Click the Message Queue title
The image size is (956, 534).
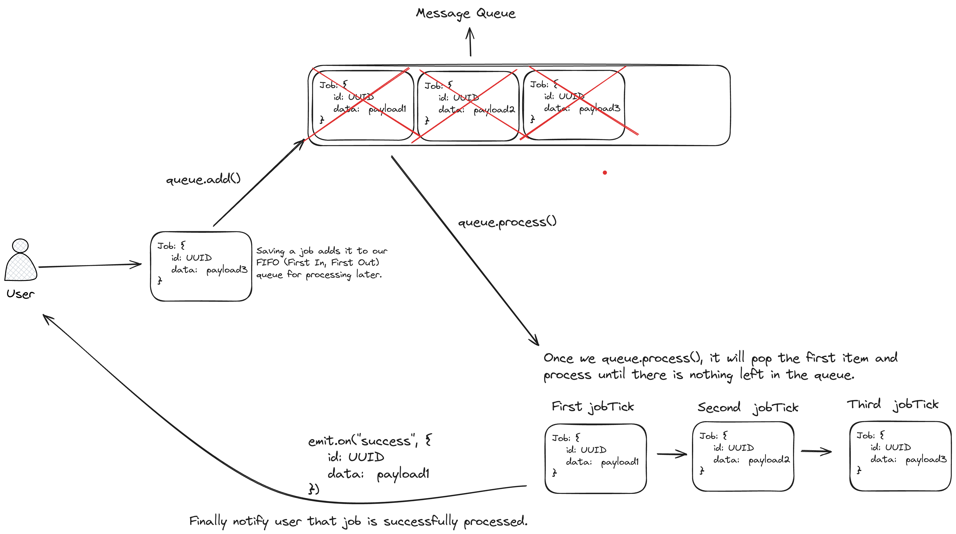465,13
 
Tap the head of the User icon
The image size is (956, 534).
20,246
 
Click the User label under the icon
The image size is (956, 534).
20,294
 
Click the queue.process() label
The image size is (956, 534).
507,222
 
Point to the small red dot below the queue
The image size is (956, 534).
605,173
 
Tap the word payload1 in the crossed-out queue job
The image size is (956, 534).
387,109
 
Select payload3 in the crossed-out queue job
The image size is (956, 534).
599,108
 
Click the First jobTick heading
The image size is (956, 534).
593,407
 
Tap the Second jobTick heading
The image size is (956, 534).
748,407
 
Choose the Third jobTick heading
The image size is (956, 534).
892,404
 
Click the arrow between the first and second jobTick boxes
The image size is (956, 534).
671,454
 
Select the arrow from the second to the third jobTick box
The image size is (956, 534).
816,451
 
